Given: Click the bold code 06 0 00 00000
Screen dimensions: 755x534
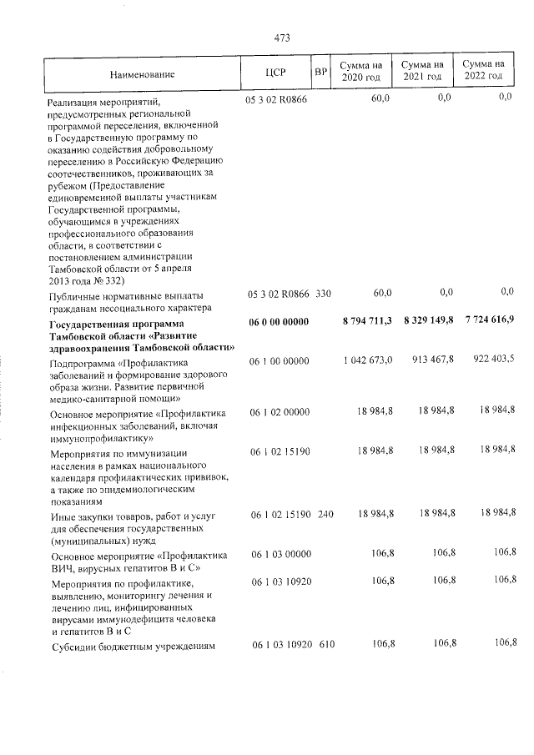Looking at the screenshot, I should (279, 321).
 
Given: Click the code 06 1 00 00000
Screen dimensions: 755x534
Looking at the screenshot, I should (280, 360).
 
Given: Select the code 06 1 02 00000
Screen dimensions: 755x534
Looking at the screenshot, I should (280, 412).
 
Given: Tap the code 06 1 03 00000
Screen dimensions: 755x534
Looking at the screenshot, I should (280, 554).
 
